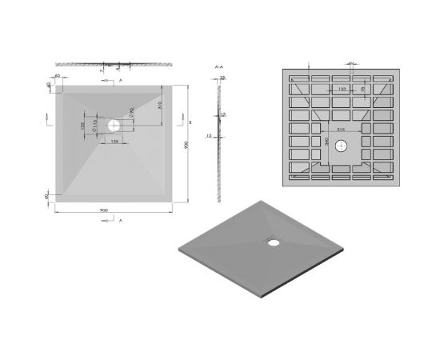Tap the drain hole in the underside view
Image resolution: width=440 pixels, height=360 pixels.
(342, 146)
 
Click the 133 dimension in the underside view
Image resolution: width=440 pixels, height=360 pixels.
(342, 90)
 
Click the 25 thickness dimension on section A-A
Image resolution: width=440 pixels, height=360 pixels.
(223, 78)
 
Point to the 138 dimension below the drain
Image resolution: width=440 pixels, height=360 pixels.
(114, 141)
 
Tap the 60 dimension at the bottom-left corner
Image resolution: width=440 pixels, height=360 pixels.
(48, 194)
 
